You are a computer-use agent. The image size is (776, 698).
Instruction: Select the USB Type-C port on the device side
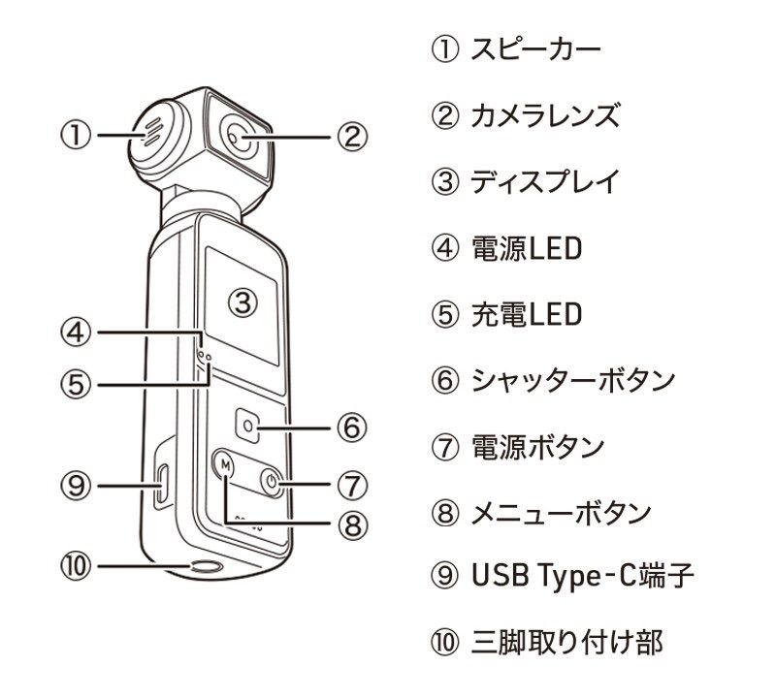[x=161, y=484]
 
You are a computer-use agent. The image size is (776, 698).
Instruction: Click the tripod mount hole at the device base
[x=206, y=568]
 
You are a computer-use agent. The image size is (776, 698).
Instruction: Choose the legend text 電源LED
[x=525, y=248]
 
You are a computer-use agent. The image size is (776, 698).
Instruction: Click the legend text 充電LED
[x=525, y=314]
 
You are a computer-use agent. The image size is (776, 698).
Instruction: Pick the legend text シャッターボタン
[x=571, y=380]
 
